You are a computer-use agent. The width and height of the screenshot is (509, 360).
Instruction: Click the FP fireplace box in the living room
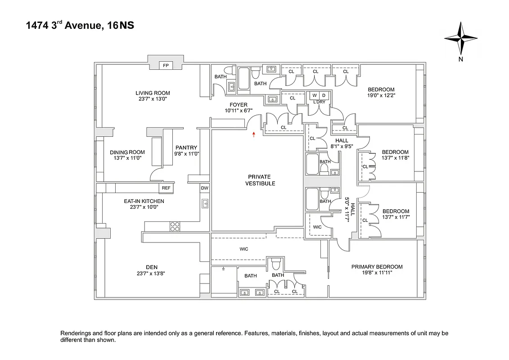point(166,66)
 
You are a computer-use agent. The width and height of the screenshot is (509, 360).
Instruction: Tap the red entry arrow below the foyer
point(254,135)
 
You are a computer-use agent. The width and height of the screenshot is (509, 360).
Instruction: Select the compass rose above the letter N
point(460,38)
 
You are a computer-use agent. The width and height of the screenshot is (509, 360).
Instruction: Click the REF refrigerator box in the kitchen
point(166,188)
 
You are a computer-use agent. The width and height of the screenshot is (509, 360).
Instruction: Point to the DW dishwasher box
point(204,188)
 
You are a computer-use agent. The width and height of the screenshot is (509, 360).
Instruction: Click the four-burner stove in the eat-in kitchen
point(175,226)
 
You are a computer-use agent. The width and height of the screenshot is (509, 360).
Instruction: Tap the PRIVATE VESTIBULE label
point(260,180)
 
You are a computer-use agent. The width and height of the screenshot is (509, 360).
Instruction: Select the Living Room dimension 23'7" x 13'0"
point(153,99)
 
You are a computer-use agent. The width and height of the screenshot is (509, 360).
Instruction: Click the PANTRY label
point(186,148)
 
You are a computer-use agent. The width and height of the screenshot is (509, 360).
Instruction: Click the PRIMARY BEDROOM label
point(377,267)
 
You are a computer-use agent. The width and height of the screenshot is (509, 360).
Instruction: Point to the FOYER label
point(239,105)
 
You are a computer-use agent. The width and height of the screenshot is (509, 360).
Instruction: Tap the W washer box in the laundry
point(315,95)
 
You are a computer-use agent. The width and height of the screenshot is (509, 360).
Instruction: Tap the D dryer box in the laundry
point(324,95)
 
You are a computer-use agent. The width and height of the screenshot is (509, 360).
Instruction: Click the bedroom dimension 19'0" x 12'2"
point(381,95)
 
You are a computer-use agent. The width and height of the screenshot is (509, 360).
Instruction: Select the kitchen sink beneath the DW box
point(205,203)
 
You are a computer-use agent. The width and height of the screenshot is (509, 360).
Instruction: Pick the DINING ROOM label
point(127,152)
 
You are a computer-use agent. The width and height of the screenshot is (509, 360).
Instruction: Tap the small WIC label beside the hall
point(317,227)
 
